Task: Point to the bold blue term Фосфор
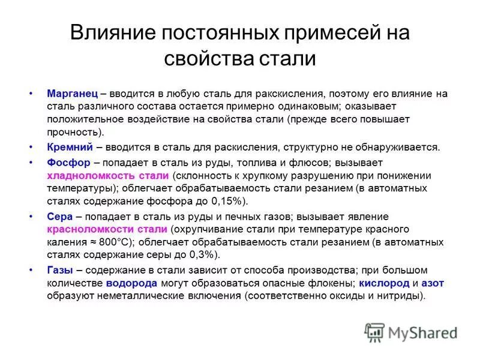tap(68, 163)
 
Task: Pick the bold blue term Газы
tap(60, 270)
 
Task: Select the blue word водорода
tap(132, 283)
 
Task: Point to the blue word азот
tap(433, 283)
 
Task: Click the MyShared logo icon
tap(374, 332)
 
